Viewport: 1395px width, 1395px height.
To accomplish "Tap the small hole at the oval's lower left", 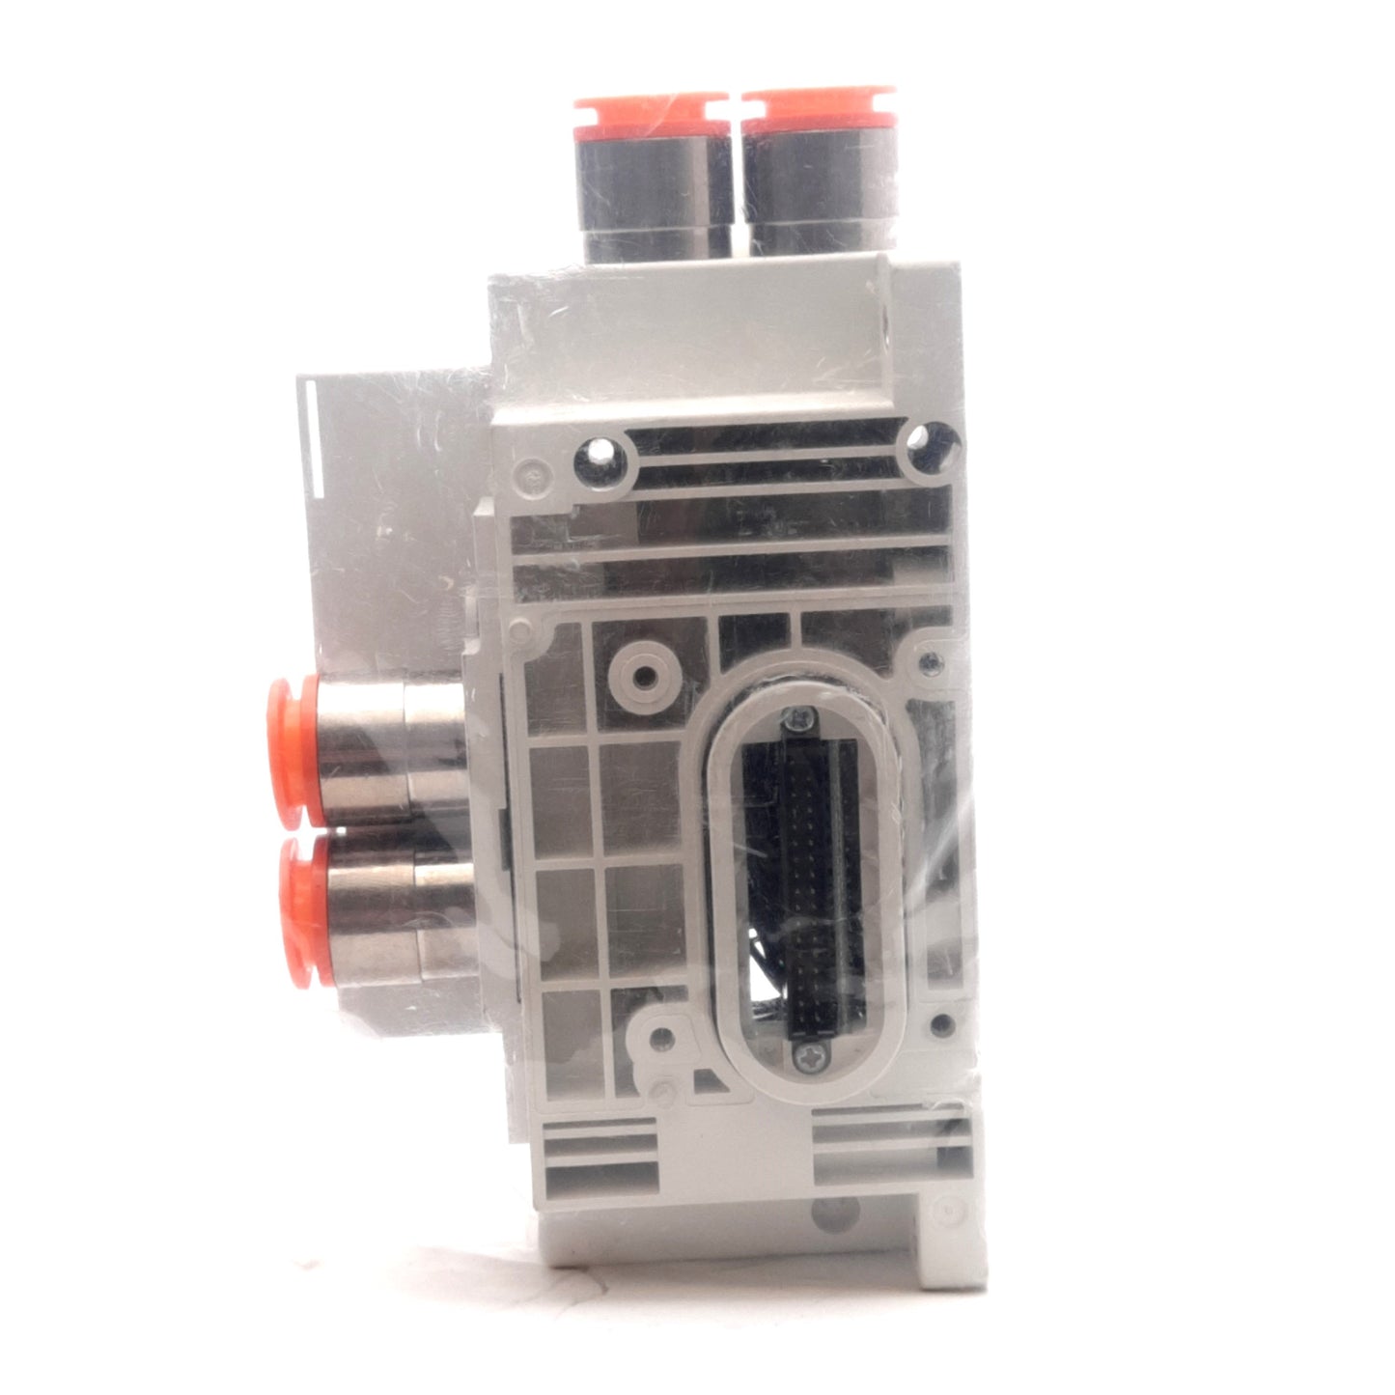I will (661, 1039).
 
